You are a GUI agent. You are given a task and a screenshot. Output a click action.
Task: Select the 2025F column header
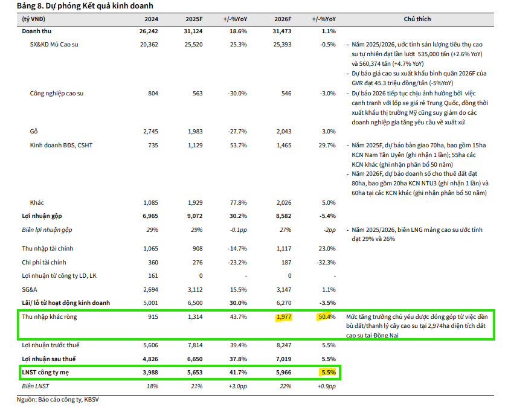(x=193, y=19)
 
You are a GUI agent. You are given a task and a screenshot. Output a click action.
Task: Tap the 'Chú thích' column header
(x=417, y=19)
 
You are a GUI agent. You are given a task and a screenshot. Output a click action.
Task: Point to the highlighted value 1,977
(x=282, y=317)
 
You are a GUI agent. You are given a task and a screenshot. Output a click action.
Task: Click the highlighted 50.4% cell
(x=324, y=317)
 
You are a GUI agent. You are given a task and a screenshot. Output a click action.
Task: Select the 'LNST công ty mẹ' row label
(x=46, y=373)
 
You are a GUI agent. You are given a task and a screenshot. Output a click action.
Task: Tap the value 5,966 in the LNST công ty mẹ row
(x=282, y=373)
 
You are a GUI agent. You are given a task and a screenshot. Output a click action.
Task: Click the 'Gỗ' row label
(x=34, y=131)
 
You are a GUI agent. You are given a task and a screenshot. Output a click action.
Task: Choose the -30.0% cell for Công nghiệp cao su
(x=237, y=94)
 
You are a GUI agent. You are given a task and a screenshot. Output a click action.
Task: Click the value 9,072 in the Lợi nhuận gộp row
(x=193, y=216)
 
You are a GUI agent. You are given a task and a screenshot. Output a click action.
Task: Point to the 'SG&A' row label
(x=30, y=290)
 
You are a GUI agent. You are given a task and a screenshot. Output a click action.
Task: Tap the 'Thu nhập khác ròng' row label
(x=49, y=317)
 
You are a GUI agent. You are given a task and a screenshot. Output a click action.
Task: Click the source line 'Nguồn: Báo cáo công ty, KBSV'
(x=55, y=400)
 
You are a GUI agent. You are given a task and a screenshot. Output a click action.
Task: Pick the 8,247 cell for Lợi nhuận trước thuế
(x=282, y=345)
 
